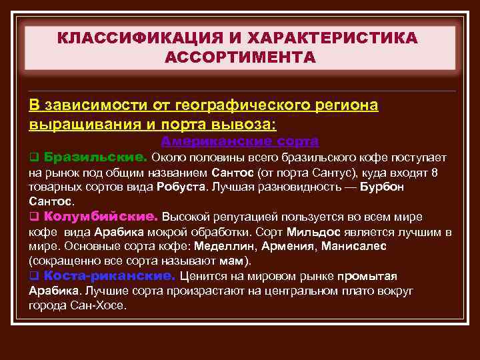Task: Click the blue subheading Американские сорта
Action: pos(240,141)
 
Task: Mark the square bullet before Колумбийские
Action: pos(33,217)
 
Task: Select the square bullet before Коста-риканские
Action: pos(33,276)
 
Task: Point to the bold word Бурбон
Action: pos(381,187)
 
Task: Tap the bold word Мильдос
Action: pos(313,232)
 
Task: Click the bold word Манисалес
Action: pos(353,246)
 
